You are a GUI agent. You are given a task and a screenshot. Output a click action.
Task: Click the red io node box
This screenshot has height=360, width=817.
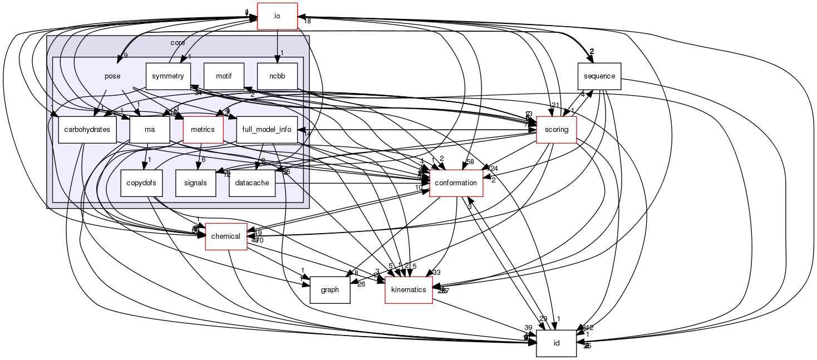277,16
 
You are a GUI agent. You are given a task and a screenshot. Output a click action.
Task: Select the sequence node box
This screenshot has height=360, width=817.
599,76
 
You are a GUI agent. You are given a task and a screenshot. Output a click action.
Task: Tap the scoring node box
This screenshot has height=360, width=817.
557,130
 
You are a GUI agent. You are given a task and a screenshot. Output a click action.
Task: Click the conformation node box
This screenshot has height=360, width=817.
456,183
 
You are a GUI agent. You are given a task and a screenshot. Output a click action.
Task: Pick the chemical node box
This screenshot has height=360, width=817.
227,236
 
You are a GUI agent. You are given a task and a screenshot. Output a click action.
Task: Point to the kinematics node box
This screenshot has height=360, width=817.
409,290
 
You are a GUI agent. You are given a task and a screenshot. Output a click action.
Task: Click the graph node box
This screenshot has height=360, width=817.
329,290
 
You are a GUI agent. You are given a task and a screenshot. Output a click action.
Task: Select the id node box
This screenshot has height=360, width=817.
556,343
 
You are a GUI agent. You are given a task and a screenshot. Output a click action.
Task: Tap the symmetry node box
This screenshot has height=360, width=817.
168,76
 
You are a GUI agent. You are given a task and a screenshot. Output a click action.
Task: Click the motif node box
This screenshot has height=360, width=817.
224,76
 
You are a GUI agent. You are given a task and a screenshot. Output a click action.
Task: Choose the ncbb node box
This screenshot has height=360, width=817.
277,76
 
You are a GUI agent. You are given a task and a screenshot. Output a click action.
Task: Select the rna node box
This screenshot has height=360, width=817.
149,130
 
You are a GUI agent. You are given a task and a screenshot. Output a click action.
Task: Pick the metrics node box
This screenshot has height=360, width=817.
203,130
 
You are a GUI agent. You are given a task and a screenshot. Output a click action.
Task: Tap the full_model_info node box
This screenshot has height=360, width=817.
267,130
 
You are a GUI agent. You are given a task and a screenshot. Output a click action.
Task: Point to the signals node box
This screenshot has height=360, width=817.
195,183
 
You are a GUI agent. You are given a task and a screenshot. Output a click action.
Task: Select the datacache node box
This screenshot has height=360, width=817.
252,183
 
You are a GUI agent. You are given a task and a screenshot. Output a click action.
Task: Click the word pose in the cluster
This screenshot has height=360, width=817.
112,76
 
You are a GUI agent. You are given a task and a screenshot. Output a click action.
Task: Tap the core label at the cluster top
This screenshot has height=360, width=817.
178,42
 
